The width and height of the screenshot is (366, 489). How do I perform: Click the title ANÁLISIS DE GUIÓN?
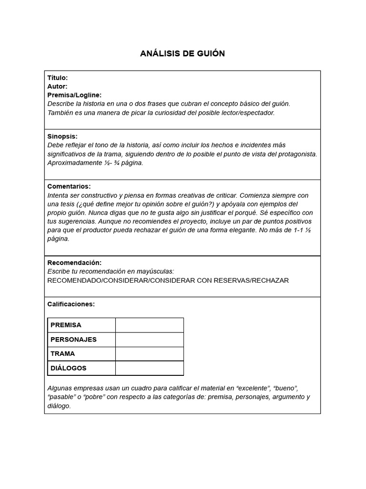point(183,53)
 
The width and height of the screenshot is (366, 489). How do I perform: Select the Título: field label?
point(58,77)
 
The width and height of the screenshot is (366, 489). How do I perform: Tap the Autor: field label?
point(57,86)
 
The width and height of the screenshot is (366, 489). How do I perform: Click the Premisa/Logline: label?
point(74,95)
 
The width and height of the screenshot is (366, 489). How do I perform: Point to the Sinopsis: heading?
point(62,136)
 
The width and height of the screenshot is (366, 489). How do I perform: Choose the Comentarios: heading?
point(69,186)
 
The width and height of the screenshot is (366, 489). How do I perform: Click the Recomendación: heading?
point(74,263)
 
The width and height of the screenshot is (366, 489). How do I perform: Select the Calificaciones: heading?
point(71,304)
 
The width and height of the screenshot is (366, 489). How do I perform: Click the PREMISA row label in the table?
point(66,325)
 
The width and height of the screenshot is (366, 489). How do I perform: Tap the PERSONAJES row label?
point(73,340)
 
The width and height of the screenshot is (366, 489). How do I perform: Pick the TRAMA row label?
point(62,354)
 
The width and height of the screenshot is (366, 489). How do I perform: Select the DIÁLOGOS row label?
point(69,368)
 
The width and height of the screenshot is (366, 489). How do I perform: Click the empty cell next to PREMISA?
point(149,325)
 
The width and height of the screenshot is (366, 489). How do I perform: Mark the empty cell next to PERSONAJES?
point(149,340)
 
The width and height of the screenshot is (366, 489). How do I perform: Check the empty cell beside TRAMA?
point(149,354)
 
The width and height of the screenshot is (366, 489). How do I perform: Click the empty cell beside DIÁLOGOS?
point(149,368)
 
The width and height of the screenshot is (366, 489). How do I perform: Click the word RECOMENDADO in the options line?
point(74,280)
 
